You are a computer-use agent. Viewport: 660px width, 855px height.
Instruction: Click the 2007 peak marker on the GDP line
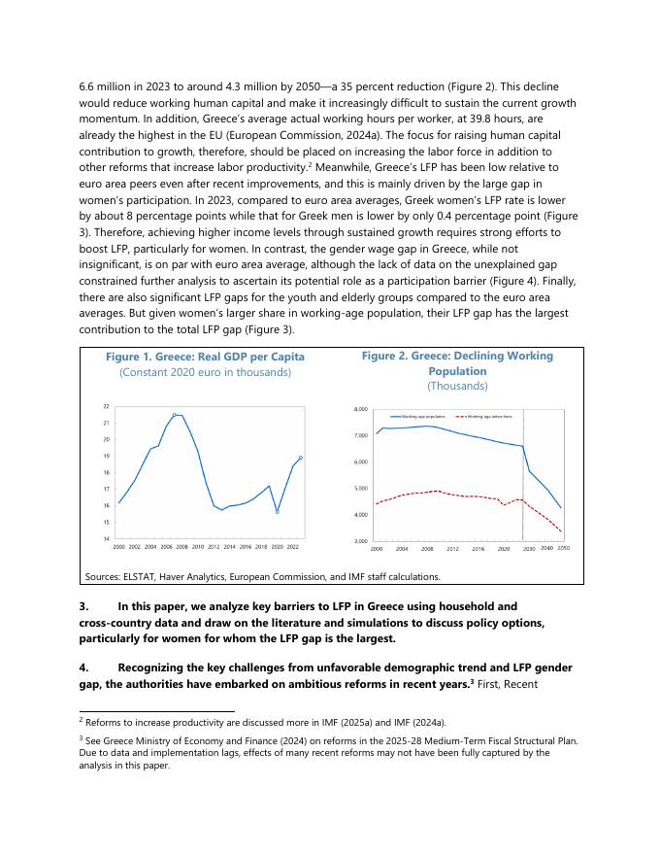coord(175,415)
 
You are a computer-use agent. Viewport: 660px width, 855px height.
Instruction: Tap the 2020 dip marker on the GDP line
coord(278,512)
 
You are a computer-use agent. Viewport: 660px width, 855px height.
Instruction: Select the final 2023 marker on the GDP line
coord(301,458)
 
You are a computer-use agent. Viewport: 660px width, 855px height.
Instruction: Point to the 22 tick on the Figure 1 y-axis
coord(106,406)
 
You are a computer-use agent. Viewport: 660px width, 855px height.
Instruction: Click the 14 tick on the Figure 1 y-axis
coord(106,538)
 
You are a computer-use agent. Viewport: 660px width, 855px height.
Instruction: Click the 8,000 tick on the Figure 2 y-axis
coord(360,410)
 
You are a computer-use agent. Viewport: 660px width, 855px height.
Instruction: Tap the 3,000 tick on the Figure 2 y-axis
coord(360,540)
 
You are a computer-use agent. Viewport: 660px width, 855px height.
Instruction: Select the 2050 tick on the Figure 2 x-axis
coord(563,549)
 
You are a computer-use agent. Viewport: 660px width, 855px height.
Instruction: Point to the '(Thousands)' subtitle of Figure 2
coord(457,386)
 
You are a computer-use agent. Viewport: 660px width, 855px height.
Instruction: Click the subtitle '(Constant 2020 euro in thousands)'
coord(205,372)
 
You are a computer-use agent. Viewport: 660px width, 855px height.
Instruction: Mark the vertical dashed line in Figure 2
coord(523,476)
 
